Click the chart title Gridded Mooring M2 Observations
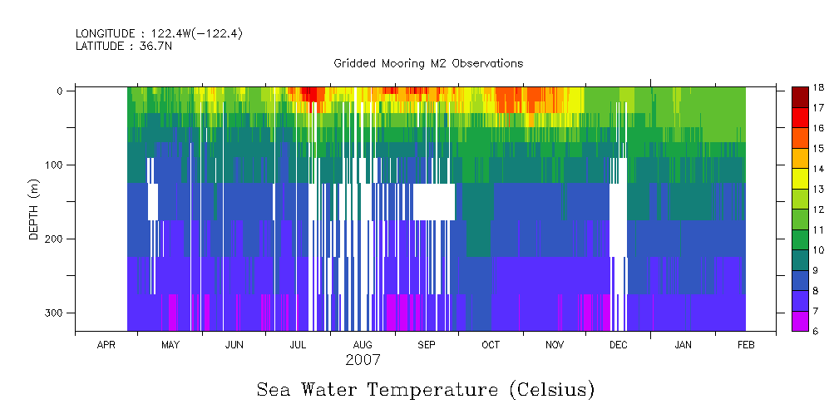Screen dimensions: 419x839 point(428,63)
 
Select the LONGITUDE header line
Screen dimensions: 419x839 point(159,33)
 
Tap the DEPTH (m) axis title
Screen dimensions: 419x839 point(34,209)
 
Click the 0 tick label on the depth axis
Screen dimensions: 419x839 point(60,91)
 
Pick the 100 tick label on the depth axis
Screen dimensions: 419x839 point(54,165)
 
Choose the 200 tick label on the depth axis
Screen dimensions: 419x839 point(54,239)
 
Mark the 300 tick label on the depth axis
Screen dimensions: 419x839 point(54,313)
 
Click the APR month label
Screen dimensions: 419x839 point(106,345)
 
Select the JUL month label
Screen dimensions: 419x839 point(299,345)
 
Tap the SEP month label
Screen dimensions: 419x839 point(427,345)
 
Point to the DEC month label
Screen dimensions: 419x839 point(619,345)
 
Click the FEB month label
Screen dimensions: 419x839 point(746,345)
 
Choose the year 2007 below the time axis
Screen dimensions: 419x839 point(363,360)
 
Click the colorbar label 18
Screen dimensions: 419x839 point(818,87)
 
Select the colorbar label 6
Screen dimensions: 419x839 point(818,331)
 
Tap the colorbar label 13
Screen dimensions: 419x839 point(818,189)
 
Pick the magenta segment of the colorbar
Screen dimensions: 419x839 point(800,321)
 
